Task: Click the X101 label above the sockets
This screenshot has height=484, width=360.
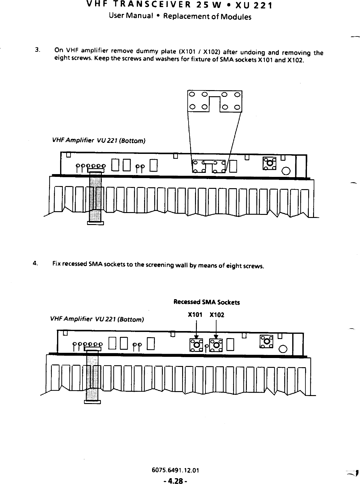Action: pyautogui.click(x=194, y=315)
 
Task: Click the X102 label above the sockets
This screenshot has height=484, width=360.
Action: pyautogui.click(x=217, y=315)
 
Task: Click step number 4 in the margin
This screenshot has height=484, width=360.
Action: pyautogui.click(x=36, y=263)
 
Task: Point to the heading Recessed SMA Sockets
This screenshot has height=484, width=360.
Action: pyautogui.click(x=206, y=302)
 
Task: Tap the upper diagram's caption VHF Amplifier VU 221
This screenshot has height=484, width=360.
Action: pyautogui.click(x=99, y=141)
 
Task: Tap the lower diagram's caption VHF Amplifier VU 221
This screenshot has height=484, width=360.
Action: pyautogui.click(x=97, y=319)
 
